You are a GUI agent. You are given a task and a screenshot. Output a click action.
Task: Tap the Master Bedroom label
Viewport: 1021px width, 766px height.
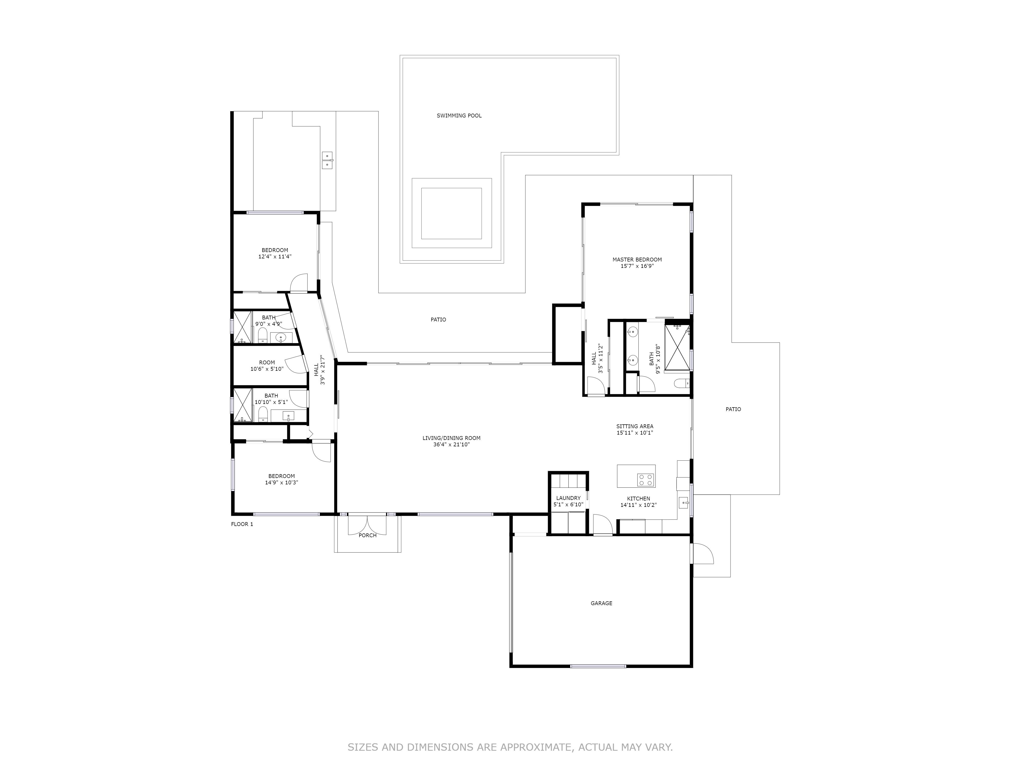[637, 259]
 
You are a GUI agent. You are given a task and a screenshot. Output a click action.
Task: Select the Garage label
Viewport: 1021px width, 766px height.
[601, 603]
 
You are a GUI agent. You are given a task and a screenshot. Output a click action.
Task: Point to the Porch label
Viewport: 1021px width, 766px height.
[367, 535]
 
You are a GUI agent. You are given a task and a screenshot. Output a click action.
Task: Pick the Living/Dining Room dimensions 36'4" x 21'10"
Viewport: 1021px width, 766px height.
[452, 445]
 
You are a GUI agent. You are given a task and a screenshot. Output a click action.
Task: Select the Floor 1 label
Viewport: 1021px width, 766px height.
[242, 524]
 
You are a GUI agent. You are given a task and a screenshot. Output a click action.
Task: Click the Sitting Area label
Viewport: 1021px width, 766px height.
[635, 426]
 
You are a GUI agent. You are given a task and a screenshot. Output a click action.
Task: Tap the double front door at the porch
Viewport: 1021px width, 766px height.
[367, 525]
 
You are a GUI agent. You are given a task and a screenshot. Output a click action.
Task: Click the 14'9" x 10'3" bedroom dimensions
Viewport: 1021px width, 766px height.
[282, 483]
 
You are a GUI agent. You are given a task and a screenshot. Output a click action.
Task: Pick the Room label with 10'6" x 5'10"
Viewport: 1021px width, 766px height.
[267, 363]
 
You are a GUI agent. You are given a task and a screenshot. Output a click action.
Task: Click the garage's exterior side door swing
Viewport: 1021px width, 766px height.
[702, 554]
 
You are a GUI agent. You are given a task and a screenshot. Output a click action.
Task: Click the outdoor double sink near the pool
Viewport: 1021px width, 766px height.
[327, 160]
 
